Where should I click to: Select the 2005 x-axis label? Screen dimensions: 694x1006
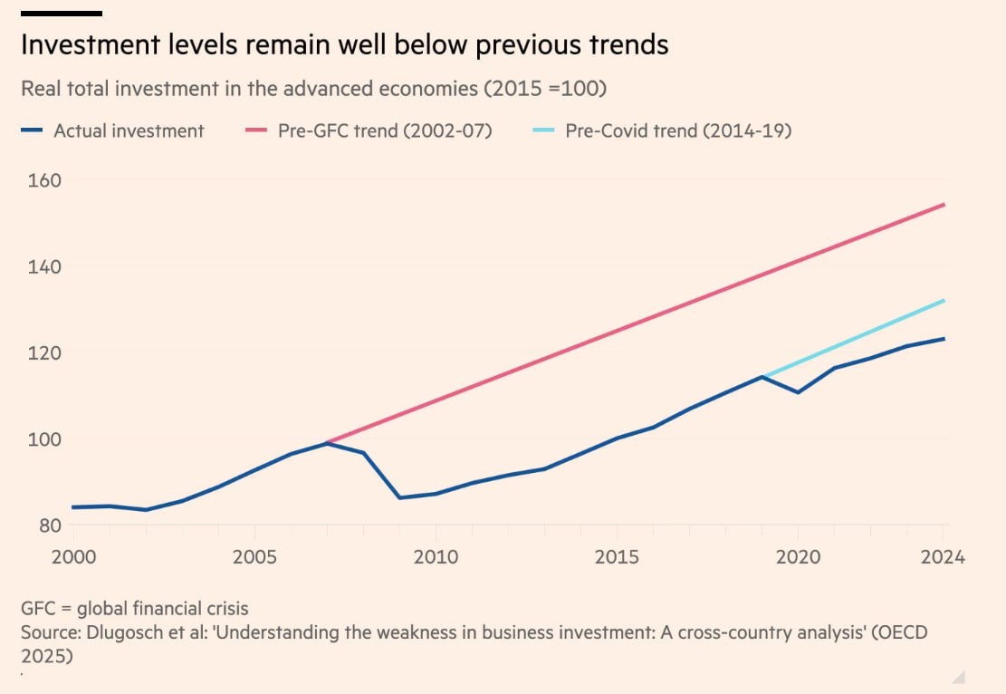pos(254,556)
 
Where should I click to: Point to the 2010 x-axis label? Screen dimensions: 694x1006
pos(436,556)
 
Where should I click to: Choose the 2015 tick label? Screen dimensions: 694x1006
pos(617,556)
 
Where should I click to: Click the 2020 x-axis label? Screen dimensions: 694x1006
pos(798,556)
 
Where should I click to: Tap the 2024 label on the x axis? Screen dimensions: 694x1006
pos(943,556)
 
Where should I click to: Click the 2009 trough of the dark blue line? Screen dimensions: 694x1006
pos(399,498)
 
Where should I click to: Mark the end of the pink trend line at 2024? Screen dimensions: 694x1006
pos(944,205)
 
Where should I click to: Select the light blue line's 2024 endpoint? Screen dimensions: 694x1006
pos(944,300)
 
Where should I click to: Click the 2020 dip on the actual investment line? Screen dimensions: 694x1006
pos(798,392)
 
